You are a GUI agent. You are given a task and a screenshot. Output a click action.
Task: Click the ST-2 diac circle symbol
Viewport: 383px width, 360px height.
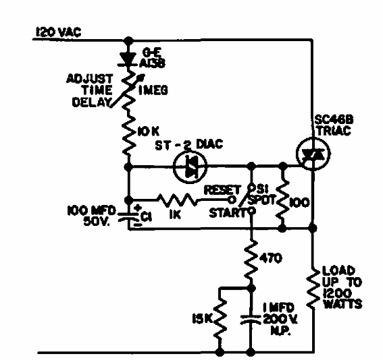click(186, 164)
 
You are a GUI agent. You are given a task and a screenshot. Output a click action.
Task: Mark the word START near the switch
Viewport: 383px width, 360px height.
click(224, 213)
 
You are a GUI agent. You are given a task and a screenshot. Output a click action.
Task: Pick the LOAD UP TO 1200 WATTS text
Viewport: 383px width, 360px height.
click(344, 284)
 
